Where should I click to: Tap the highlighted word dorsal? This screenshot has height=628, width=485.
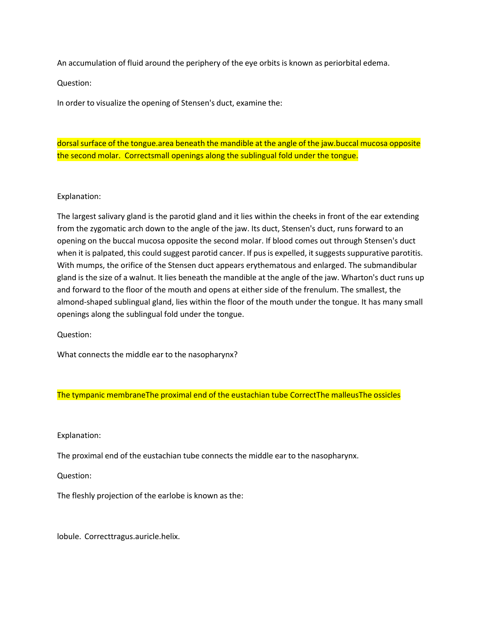coord(68,143)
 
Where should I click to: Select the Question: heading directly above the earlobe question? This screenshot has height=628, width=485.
coord(74,475)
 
